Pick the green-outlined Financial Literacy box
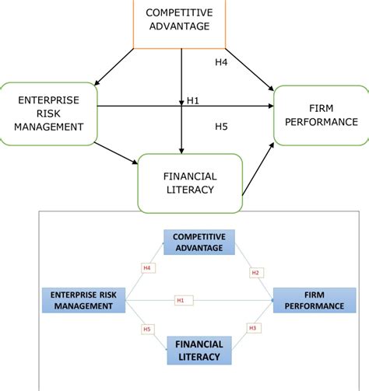click(190, 183)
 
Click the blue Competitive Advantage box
click(199, 242)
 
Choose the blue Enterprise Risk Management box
click(85, 300)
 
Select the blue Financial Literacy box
click(199, 351)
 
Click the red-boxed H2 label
click(255, 273)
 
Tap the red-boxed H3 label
click(252, 328)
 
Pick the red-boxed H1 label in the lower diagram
click(180, 300)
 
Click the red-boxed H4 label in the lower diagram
click(146, 268)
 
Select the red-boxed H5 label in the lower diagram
click(146, 330)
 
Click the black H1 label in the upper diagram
click(193, 100)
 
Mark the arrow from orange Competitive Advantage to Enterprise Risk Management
click(114, 65)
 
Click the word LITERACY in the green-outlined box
click(190, 191)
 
